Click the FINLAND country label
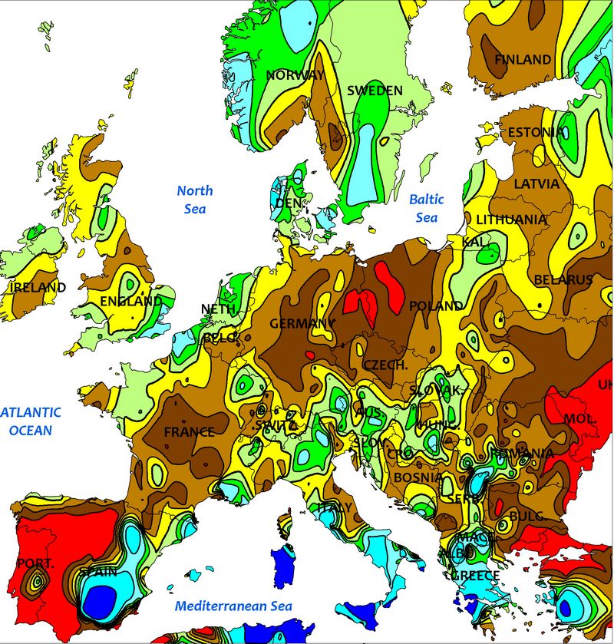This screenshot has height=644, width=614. point(523,59)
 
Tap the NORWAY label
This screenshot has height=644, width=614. point(295,75)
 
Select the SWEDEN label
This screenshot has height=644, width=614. point(375,91)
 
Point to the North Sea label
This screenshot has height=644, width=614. point(195,199)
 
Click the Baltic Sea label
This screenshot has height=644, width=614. point(426,208)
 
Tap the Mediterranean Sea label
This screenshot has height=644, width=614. point(233,606)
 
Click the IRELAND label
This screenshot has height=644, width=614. point(38,287)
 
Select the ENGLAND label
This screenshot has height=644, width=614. point(131,302)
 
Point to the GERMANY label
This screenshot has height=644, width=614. point(302,324)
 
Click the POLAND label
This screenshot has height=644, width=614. point(436,305)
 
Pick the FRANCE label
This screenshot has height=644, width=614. point(189,432)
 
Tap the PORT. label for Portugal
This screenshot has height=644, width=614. point(35,564)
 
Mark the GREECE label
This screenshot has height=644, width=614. point(474,576)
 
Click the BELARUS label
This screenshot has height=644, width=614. point(563,280)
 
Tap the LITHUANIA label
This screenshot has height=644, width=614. point(512,220)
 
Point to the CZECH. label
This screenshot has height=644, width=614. point(385,365)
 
